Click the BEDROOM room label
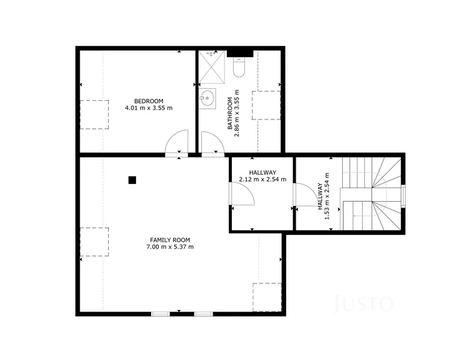coord(149,100)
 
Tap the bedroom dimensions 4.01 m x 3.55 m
coord(149,108)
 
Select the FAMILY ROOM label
coord(170,240)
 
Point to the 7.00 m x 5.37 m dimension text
coord(170,248)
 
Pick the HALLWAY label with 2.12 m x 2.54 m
coord(263,172)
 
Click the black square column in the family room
coord(132,180)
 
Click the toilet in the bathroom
coord(240,67)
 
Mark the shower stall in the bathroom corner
coord(212,65)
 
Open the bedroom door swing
coord(176,143)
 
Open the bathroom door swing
coord(213,143)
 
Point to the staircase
coord(371,193)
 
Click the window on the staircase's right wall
coord(404,194)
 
